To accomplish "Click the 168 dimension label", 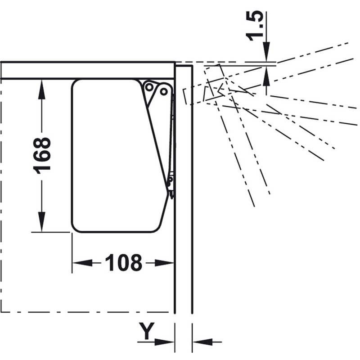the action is tap(42, 156).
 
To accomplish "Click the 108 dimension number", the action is tap(124, 263).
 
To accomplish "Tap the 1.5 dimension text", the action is tap(254, 26).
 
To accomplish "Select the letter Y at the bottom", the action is tap(147, 331).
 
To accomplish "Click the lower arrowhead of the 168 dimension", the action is tap(41, 222).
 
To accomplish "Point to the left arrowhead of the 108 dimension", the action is tap(83, 263).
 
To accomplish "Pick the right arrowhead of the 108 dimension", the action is tap(164, 263).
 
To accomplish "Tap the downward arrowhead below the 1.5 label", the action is tap(266, 52).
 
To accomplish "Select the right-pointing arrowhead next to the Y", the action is tap(164, 342).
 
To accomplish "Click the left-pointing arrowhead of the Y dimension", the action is tap(202, 342).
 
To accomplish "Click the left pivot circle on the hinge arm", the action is tap(149, 87).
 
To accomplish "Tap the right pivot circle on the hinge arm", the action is tap(163, 92).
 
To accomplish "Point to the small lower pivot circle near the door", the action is tap(171, 179).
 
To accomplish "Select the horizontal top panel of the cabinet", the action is tap(88, 70).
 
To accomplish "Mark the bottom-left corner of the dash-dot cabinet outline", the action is tap(2, 312).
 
